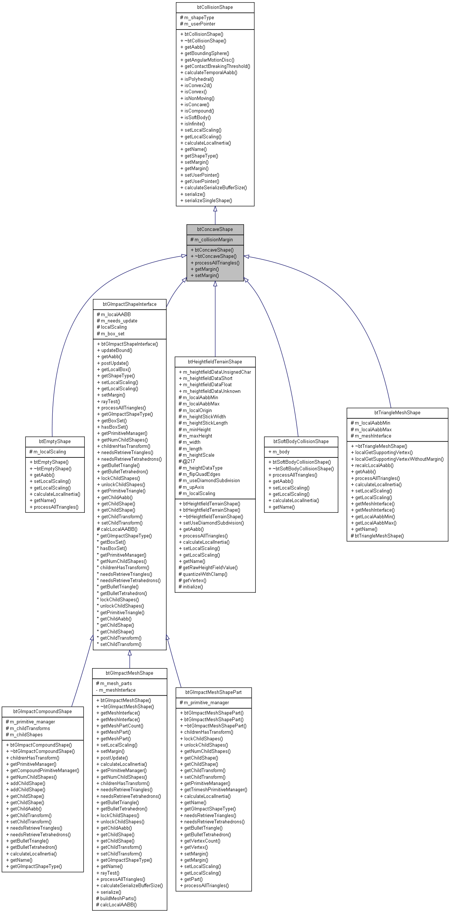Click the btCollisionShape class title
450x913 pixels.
click(x=215, y=7)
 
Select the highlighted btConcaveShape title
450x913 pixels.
click(x=215, y=229)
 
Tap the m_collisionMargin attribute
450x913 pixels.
click(x=213, y=240)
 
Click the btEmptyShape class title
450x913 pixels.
click(x=55, y=442)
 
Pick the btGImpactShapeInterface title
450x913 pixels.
click(x=129, y=304)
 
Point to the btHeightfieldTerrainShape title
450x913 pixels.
click(x=215, y=362)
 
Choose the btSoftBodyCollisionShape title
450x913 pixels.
click(x=301, y=442)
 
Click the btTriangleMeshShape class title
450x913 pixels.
click(x=397, y=413)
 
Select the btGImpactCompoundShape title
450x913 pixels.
click(x=42, y=712)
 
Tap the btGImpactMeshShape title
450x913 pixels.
click(x=129, y=673)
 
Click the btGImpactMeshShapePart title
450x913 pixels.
click(x=213, y=692)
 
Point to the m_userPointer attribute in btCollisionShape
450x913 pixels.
click(x=199, y=24)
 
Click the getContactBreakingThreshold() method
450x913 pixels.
click(x=217, y=66)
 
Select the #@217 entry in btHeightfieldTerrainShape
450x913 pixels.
click(x=189, y=461)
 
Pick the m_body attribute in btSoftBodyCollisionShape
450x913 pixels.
click(x=281, y=452)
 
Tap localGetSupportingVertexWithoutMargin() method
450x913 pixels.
click(x=399, y=459)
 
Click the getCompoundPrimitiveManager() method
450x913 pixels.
click(x=44, y=771)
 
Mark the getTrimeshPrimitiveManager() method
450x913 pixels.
click(x=215, y=790)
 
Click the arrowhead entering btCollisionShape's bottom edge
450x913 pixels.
click(x=215, y=209)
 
